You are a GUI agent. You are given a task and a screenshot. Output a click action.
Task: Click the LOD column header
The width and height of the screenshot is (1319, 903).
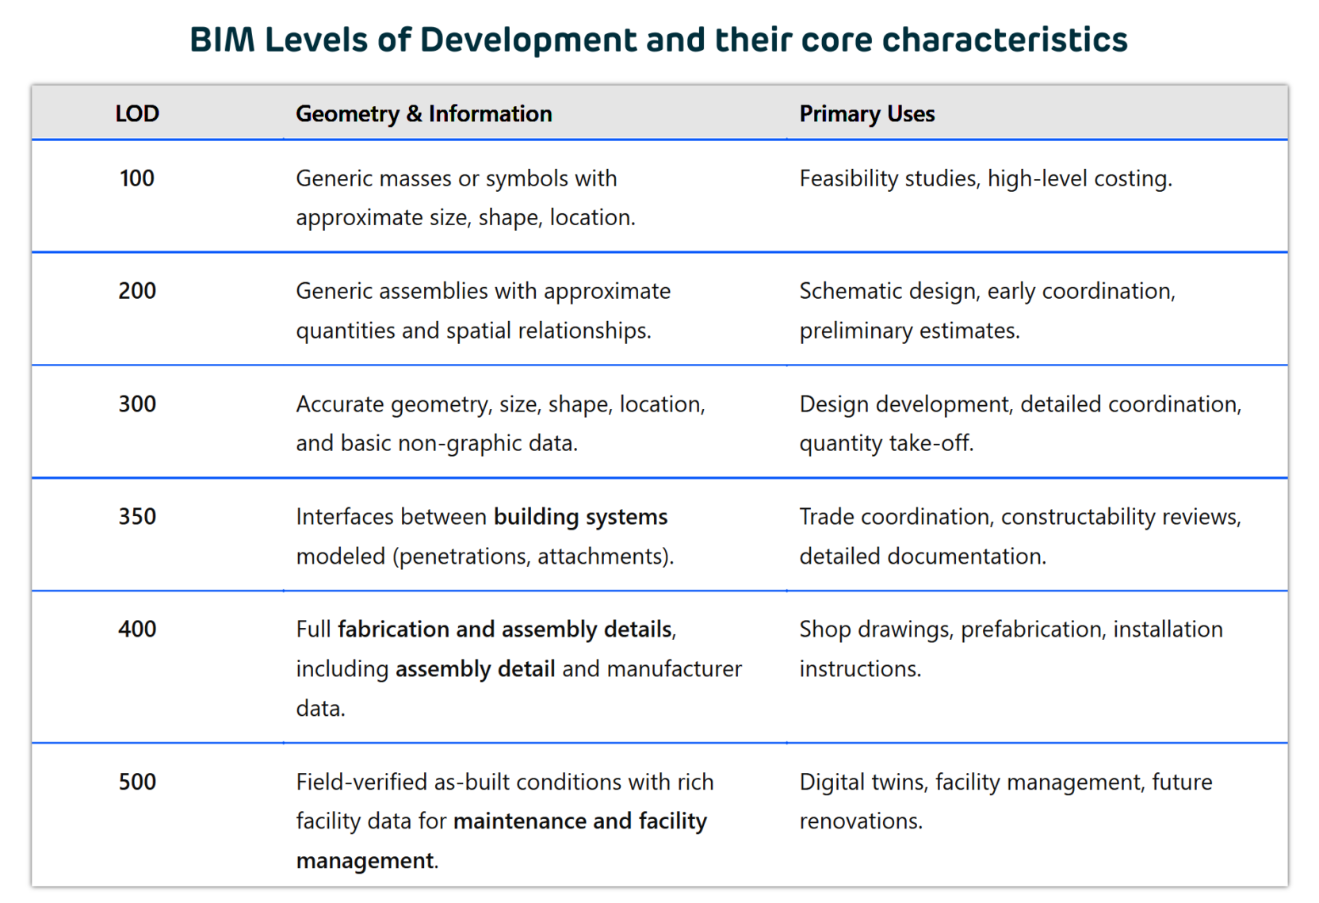[137, 113]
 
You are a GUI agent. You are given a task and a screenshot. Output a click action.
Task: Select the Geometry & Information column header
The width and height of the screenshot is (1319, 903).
[423, 114]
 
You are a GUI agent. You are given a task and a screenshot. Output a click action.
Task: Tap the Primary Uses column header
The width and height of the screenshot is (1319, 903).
[866, 114]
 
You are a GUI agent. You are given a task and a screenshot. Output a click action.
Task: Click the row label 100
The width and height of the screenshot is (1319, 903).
[137, 178]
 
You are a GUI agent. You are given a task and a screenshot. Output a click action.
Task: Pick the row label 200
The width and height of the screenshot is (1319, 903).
[137, 291]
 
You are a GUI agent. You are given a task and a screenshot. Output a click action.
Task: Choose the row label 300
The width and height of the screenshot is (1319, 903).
[137, 404]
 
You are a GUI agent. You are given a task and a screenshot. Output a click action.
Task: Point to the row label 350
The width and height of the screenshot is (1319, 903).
[137, 517]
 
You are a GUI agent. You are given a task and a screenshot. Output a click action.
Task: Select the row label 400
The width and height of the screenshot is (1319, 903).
[137, 629]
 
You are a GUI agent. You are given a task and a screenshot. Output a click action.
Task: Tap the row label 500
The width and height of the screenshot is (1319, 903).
[137, 782]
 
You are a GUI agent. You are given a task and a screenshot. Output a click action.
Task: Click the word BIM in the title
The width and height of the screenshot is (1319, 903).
[221, 40]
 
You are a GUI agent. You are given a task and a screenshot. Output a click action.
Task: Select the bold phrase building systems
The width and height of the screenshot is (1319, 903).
[580, 517]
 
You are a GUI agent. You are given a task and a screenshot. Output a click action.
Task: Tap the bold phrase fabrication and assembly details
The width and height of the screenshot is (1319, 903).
[505, 629]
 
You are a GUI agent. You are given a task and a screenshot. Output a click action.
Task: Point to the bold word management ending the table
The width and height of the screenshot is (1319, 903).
[365, 861]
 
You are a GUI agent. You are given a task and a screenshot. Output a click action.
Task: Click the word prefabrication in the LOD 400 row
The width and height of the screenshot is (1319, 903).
[1031, 629]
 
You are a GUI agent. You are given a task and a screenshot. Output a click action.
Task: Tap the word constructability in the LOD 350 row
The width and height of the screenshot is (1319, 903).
[1078, 517]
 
